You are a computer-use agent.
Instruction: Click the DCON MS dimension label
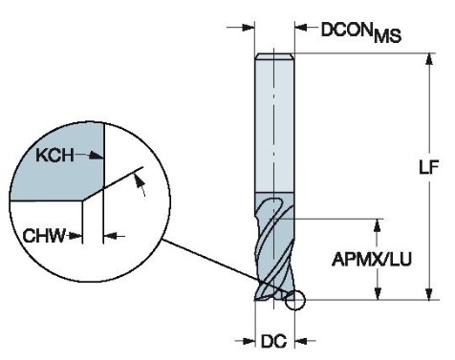[x=361, y=32]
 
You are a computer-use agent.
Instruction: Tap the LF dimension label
[x=429, y=166]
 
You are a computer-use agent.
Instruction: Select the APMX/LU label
[x=372, y=259]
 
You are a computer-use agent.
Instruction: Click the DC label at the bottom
[x=274, y=342]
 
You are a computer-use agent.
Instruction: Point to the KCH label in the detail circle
[x=54, y=156]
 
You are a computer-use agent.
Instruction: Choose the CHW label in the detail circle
[x=44, y=236]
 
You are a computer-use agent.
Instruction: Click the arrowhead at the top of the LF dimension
[x=429, y=59]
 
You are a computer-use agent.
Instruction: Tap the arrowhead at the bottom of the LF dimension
[x=429, y=294]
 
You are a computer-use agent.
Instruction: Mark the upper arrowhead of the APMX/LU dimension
[x=378, y=225]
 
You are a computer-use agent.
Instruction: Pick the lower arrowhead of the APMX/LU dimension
[x=378, y=294]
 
